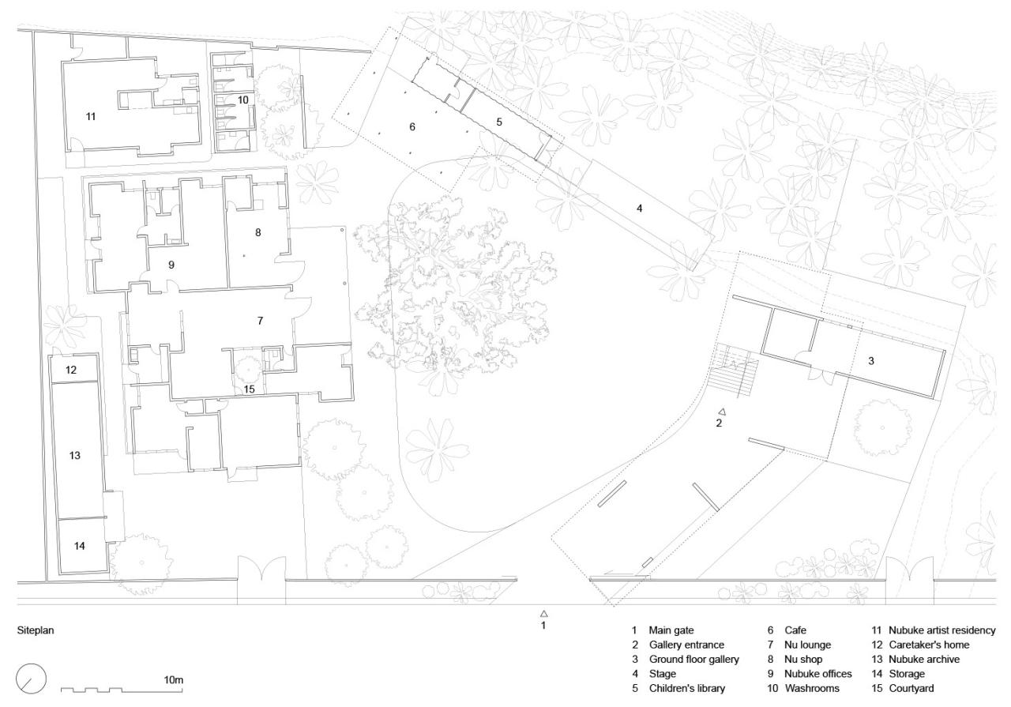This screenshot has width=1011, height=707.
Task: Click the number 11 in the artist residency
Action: [x=91, y=116]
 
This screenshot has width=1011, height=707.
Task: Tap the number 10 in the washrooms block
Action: [x=242, y=100]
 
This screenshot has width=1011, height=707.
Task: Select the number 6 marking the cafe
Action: [x=412, y=126]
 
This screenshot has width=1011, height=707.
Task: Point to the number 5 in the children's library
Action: [x=499, y=122]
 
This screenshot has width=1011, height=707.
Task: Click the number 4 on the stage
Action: [x=641, y=209]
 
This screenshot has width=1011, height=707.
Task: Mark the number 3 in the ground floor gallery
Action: [x=870, y=360]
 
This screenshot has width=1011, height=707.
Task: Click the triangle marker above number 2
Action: [x=722, y=412]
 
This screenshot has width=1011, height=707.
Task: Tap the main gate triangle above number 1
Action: [x=543, y=613]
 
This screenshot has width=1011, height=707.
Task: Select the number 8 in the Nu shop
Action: [x=257, y=232]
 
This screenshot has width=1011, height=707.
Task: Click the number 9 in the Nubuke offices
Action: [x=171, y=265]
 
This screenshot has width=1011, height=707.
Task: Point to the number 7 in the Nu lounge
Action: [x=259, y=320]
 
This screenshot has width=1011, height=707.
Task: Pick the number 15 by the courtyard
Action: [x=249, y=388]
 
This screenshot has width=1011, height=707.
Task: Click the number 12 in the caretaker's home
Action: [x=71, y=370]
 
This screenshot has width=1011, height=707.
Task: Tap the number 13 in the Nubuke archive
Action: [x=75, y=456]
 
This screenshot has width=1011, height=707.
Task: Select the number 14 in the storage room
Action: [x=81, y=545]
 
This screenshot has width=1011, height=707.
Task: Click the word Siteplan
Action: [x=36, y=632]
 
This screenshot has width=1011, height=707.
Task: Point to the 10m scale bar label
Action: [x=173, y=680]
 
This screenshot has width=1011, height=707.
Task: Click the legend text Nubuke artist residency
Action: [x=942, y=630]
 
